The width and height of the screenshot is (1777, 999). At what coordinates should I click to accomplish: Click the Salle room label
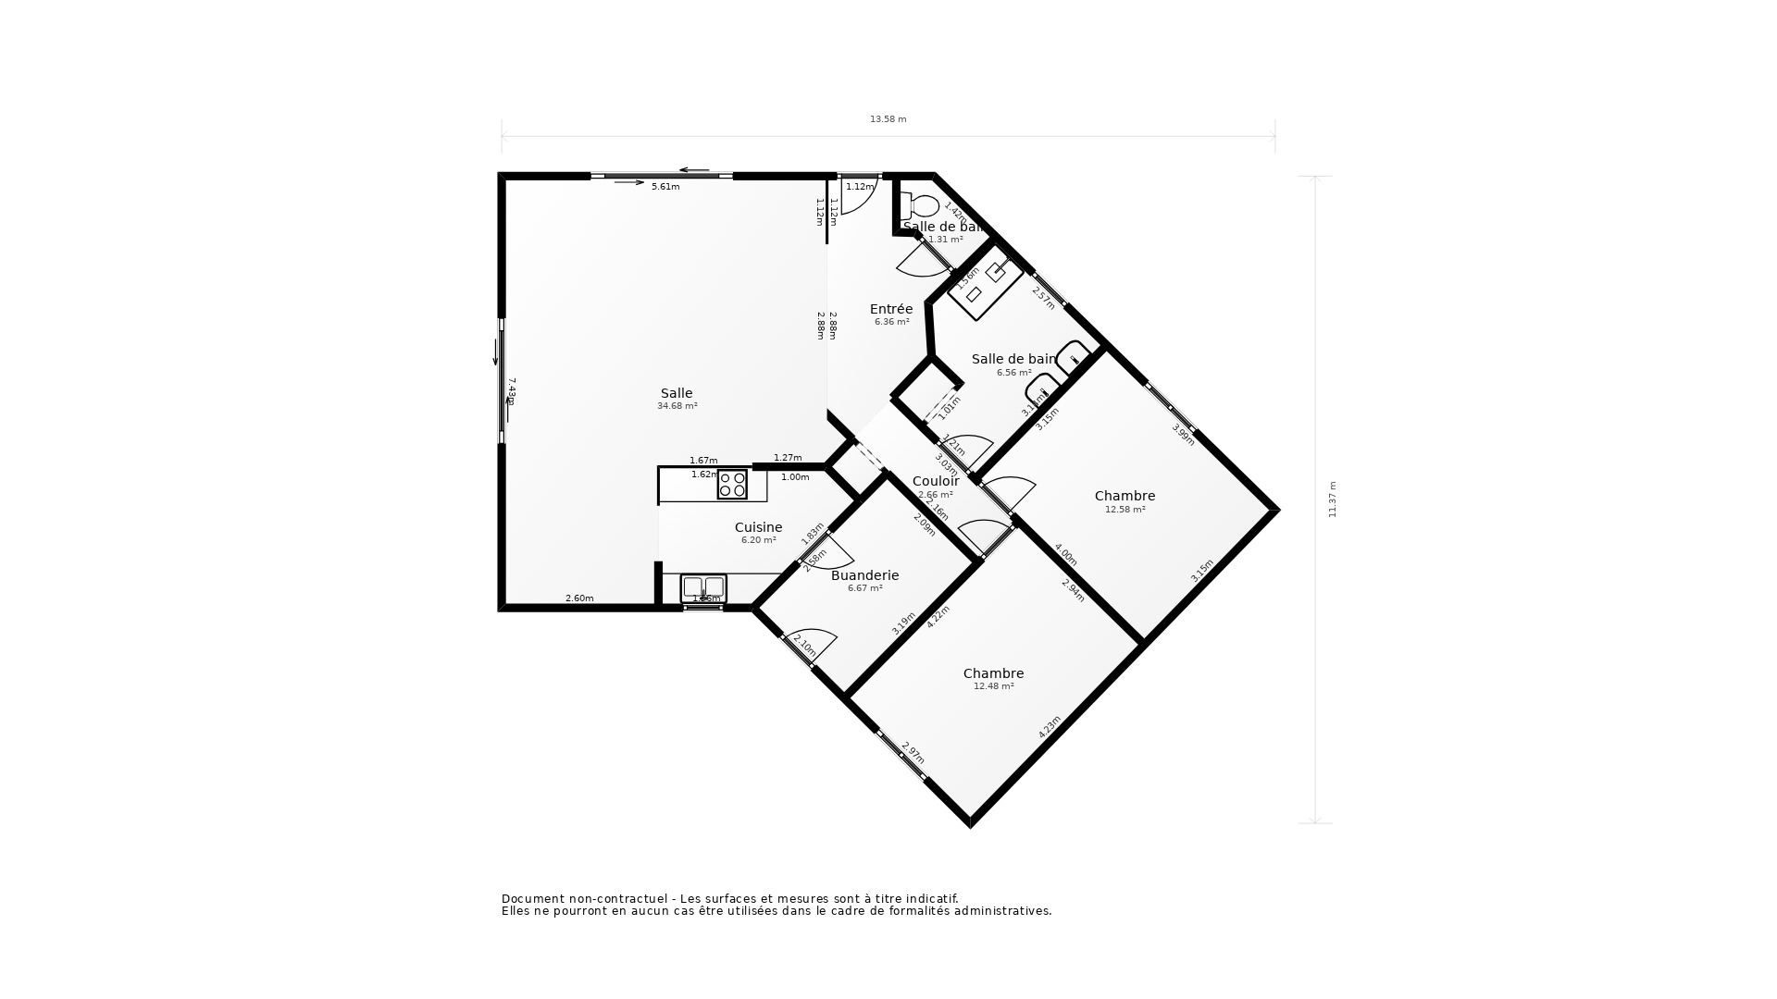(x=676, y=393)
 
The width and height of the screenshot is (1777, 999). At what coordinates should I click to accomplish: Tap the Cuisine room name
(x=758, y=527)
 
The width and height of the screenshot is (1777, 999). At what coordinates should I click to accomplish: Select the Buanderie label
(x=864, y=575)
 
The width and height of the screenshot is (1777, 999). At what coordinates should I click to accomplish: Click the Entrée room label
(x=891, y=309)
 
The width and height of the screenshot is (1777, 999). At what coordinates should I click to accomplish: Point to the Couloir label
(x=936, y=481)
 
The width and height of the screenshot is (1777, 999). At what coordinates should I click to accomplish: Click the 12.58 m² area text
(x=1125, y=510)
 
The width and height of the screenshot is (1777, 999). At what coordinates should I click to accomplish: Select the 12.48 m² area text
(x=993, y=686)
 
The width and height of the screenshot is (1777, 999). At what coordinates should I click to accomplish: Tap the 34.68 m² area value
(x=677, y=406)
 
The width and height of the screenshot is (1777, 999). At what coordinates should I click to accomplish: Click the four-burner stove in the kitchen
(x=732, y=485)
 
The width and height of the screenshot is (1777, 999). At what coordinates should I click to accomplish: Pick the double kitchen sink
(x=703, y=587)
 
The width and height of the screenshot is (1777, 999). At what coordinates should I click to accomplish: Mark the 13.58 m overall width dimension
(x=888, y=119)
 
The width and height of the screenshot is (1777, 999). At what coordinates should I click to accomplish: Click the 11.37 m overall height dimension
(x=1333, y=499)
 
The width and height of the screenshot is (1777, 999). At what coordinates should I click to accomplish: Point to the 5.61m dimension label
(x=665, y=187)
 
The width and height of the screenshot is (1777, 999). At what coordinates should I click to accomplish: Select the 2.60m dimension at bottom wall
(x=579, y=598)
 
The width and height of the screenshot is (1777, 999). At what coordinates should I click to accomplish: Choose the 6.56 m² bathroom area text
(x=1013, y=373)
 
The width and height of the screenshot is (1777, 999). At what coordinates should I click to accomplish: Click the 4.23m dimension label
(x=1049, y=727)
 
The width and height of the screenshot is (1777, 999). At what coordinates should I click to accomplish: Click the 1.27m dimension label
(x=788, y=458)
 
